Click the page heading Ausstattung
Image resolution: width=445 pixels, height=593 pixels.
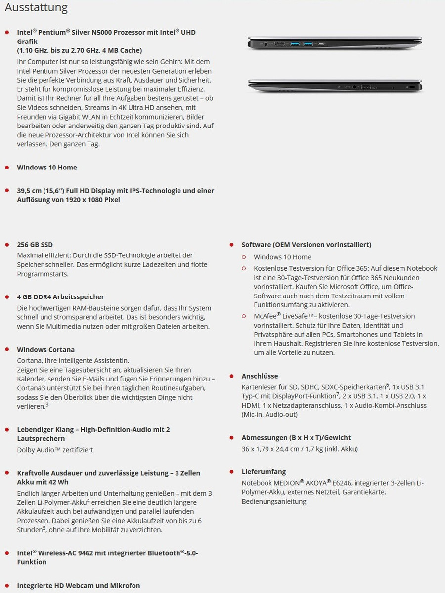click(x=36, y=8)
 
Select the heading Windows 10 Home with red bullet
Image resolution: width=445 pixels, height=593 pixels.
click(x=47, y=168)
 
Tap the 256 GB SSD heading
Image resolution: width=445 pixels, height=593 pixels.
click(x=35, y=245)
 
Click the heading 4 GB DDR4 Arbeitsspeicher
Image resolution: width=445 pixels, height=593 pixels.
click(x=60, y=297)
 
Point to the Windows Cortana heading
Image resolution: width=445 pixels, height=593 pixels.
click(x=45, y=350)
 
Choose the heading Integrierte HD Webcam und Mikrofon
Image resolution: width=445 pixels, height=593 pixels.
click(x=78, y=586)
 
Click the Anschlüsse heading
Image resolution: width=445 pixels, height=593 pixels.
click(x=260, y=376)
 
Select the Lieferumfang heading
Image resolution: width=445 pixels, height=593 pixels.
click(x=264, y=472)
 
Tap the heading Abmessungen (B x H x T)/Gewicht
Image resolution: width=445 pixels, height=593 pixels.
click(x=296, y=438)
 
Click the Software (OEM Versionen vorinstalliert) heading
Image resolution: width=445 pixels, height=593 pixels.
click(x=306, y=245)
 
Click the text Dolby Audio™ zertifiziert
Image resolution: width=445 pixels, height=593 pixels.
click(x=55, y=450)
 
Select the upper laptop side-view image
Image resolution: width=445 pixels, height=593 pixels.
click(x=335, y=44)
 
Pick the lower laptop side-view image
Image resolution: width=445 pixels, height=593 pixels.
click(x=335, y=86)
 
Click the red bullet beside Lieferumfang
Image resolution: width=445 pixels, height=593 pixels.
click(x=231, y=472)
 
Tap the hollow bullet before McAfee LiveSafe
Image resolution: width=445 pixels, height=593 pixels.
click(x=244, y=316)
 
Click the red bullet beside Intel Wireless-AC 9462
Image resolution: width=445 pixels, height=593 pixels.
click(x=7, y=553)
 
